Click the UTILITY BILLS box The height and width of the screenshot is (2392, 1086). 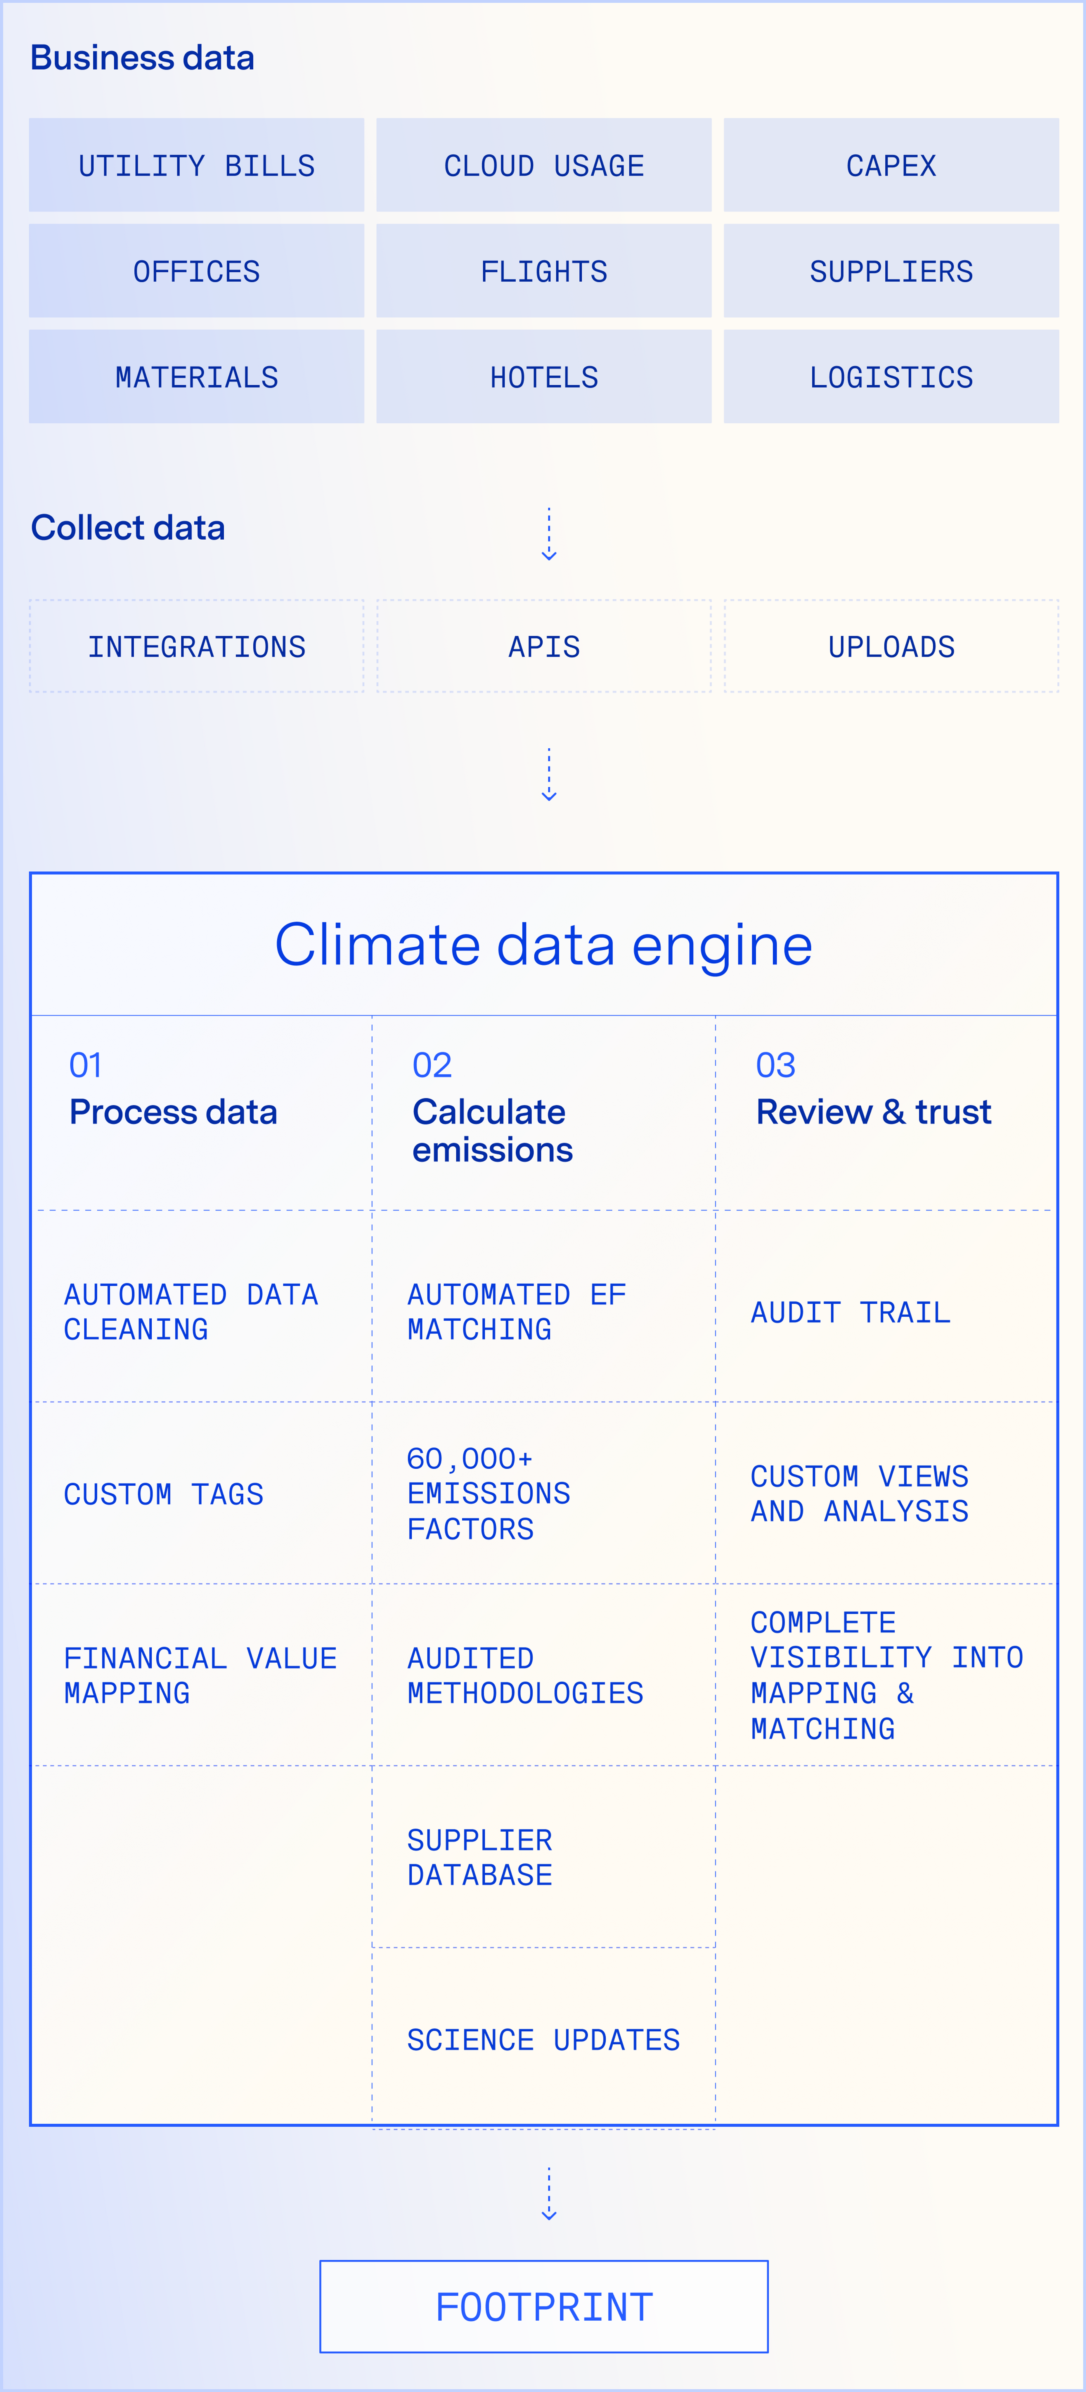click(196, 165)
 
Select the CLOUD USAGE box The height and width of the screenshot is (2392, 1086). click(543, 165)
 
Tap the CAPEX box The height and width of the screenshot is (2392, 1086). click(891, 165)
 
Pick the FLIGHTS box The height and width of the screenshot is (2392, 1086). click(543, 271)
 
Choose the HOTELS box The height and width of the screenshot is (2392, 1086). click(543, 377)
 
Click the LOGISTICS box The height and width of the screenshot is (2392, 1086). click(891, 377)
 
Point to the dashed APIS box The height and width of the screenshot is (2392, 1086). click(543, 646)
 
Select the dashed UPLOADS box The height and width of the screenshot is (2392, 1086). click(891, 646)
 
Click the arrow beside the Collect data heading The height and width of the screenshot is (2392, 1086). click(549, 535)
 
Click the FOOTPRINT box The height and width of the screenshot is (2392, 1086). click(543, 2306)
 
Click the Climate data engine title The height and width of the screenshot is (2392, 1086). click(543, 945)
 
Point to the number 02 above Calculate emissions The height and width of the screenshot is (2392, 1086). click(432, 1065)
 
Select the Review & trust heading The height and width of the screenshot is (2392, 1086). click(873, 1112)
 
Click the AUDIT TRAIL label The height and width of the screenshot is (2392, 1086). click(850, 1312)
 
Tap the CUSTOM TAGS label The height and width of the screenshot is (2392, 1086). click(164, 1494)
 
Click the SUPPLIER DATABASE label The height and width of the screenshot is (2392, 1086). click(479, 1857)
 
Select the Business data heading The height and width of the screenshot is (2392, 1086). click(142, 58)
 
